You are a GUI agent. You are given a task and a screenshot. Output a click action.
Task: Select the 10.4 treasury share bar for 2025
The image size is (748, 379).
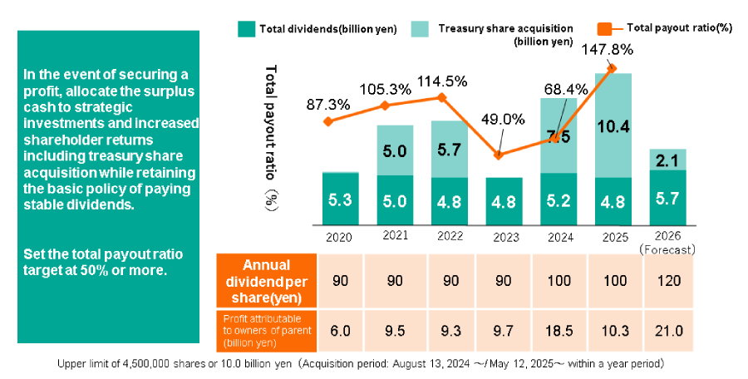613,126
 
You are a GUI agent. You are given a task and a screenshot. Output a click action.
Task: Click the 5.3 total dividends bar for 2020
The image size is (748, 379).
340,199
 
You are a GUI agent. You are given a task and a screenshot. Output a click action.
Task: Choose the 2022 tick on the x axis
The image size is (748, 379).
449,236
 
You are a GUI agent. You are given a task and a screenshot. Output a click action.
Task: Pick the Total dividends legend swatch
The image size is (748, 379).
246,28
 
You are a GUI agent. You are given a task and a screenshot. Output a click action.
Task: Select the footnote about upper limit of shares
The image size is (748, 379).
359,364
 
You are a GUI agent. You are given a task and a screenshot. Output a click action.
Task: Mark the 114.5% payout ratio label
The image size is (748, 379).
441,81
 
